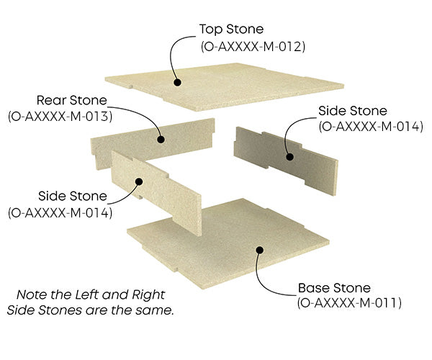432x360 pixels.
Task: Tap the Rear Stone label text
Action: pos(72,100)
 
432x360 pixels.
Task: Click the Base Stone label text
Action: pos(334,288)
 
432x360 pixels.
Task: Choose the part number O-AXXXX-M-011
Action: pos(348,304)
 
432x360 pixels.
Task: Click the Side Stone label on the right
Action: pos(353,111)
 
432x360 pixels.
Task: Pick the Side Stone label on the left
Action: pos(72,196)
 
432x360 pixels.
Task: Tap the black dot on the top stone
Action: pos(176,81)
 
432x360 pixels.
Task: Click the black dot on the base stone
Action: pos(259,250)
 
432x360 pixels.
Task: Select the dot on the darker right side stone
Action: pos(291,155)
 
